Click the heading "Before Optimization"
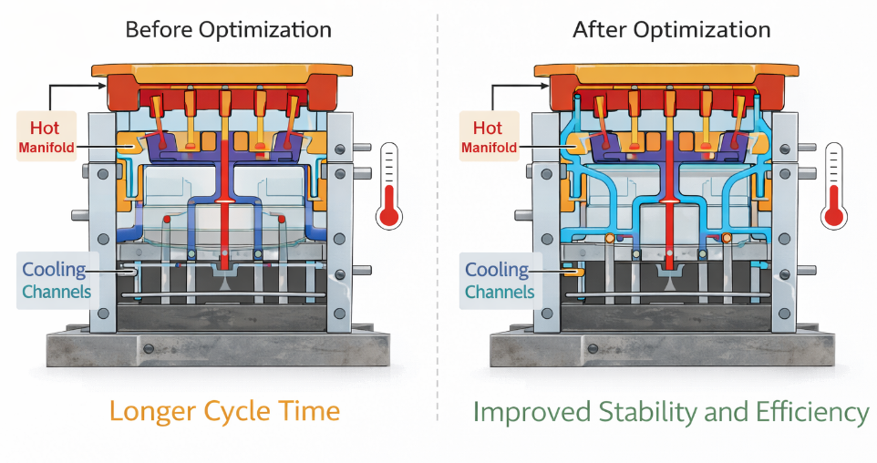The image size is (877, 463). pyautogui.click(x=228, y=29)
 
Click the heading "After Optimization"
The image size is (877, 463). pyautogui.click(x=671, y=29)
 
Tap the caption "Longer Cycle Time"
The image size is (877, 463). pyautogui.click(x=224, y=410)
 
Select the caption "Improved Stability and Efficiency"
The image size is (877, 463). pyautogui.click(x=671, y=412)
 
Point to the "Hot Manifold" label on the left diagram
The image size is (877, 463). pyautogui.click(x=46, y=137)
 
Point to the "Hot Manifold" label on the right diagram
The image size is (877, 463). pyautogui.click(x=489, y=137)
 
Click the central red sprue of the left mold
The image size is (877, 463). pyautogui.click(x=225, y=182)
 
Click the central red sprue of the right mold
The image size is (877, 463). pyautogui.click(x=670, y=182)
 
